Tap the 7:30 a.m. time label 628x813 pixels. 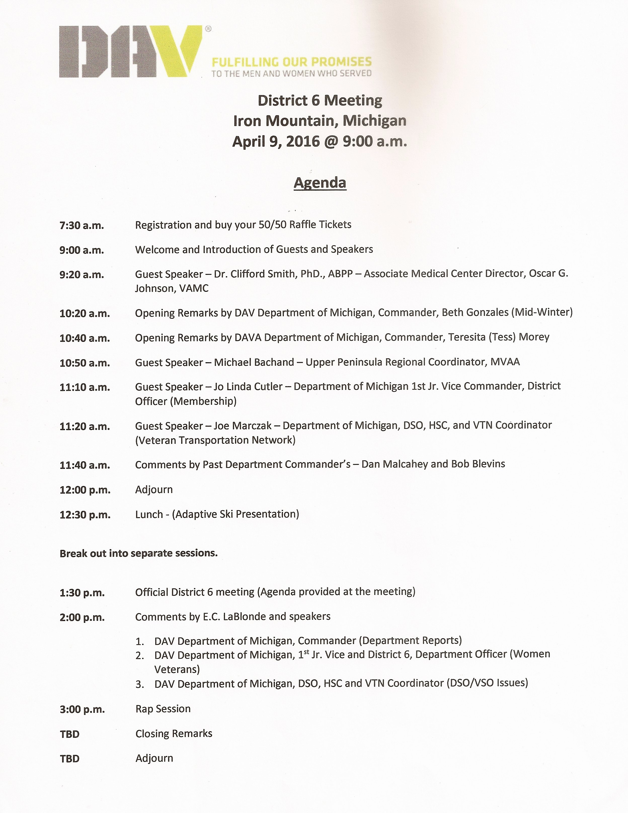pyautogui.click(x=82, y=225)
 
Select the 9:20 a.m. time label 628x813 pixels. pyautogui.click(x=82, y=275)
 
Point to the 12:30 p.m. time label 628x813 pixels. pyautogui.click(x=85, y=515)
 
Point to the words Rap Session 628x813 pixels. pyautogui.click(x=163, y=709)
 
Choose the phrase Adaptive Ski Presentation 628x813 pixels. pyautogui.click(x=236, y=514)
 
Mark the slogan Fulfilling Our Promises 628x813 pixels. pyautogui.click(x=291, y=62)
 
